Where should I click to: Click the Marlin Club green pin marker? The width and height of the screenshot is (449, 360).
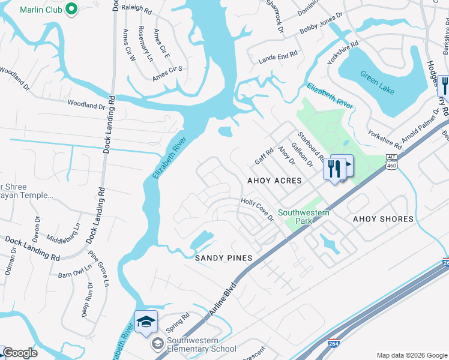click(71, 9)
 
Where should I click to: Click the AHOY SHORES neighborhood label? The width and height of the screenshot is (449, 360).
click(383, 219)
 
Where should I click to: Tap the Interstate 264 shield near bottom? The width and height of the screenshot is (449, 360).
click(335, 344)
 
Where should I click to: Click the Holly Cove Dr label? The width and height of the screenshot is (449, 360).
click(258, 210)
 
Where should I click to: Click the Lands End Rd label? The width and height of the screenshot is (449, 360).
click(278, 55)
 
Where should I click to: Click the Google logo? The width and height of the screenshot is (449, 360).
click(20, 353)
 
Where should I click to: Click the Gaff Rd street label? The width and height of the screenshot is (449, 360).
click(264, 157)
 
